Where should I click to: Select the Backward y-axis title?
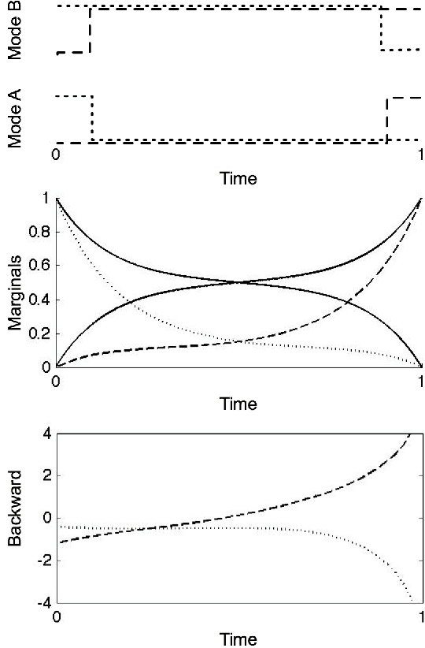(x=13, y=518)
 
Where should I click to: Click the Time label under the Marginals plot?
(x=237, y=404)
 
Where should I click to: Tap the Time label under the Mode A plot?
(x=237, y=179)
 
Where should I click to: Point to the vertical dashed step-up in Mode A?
(x=387, y=120)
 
